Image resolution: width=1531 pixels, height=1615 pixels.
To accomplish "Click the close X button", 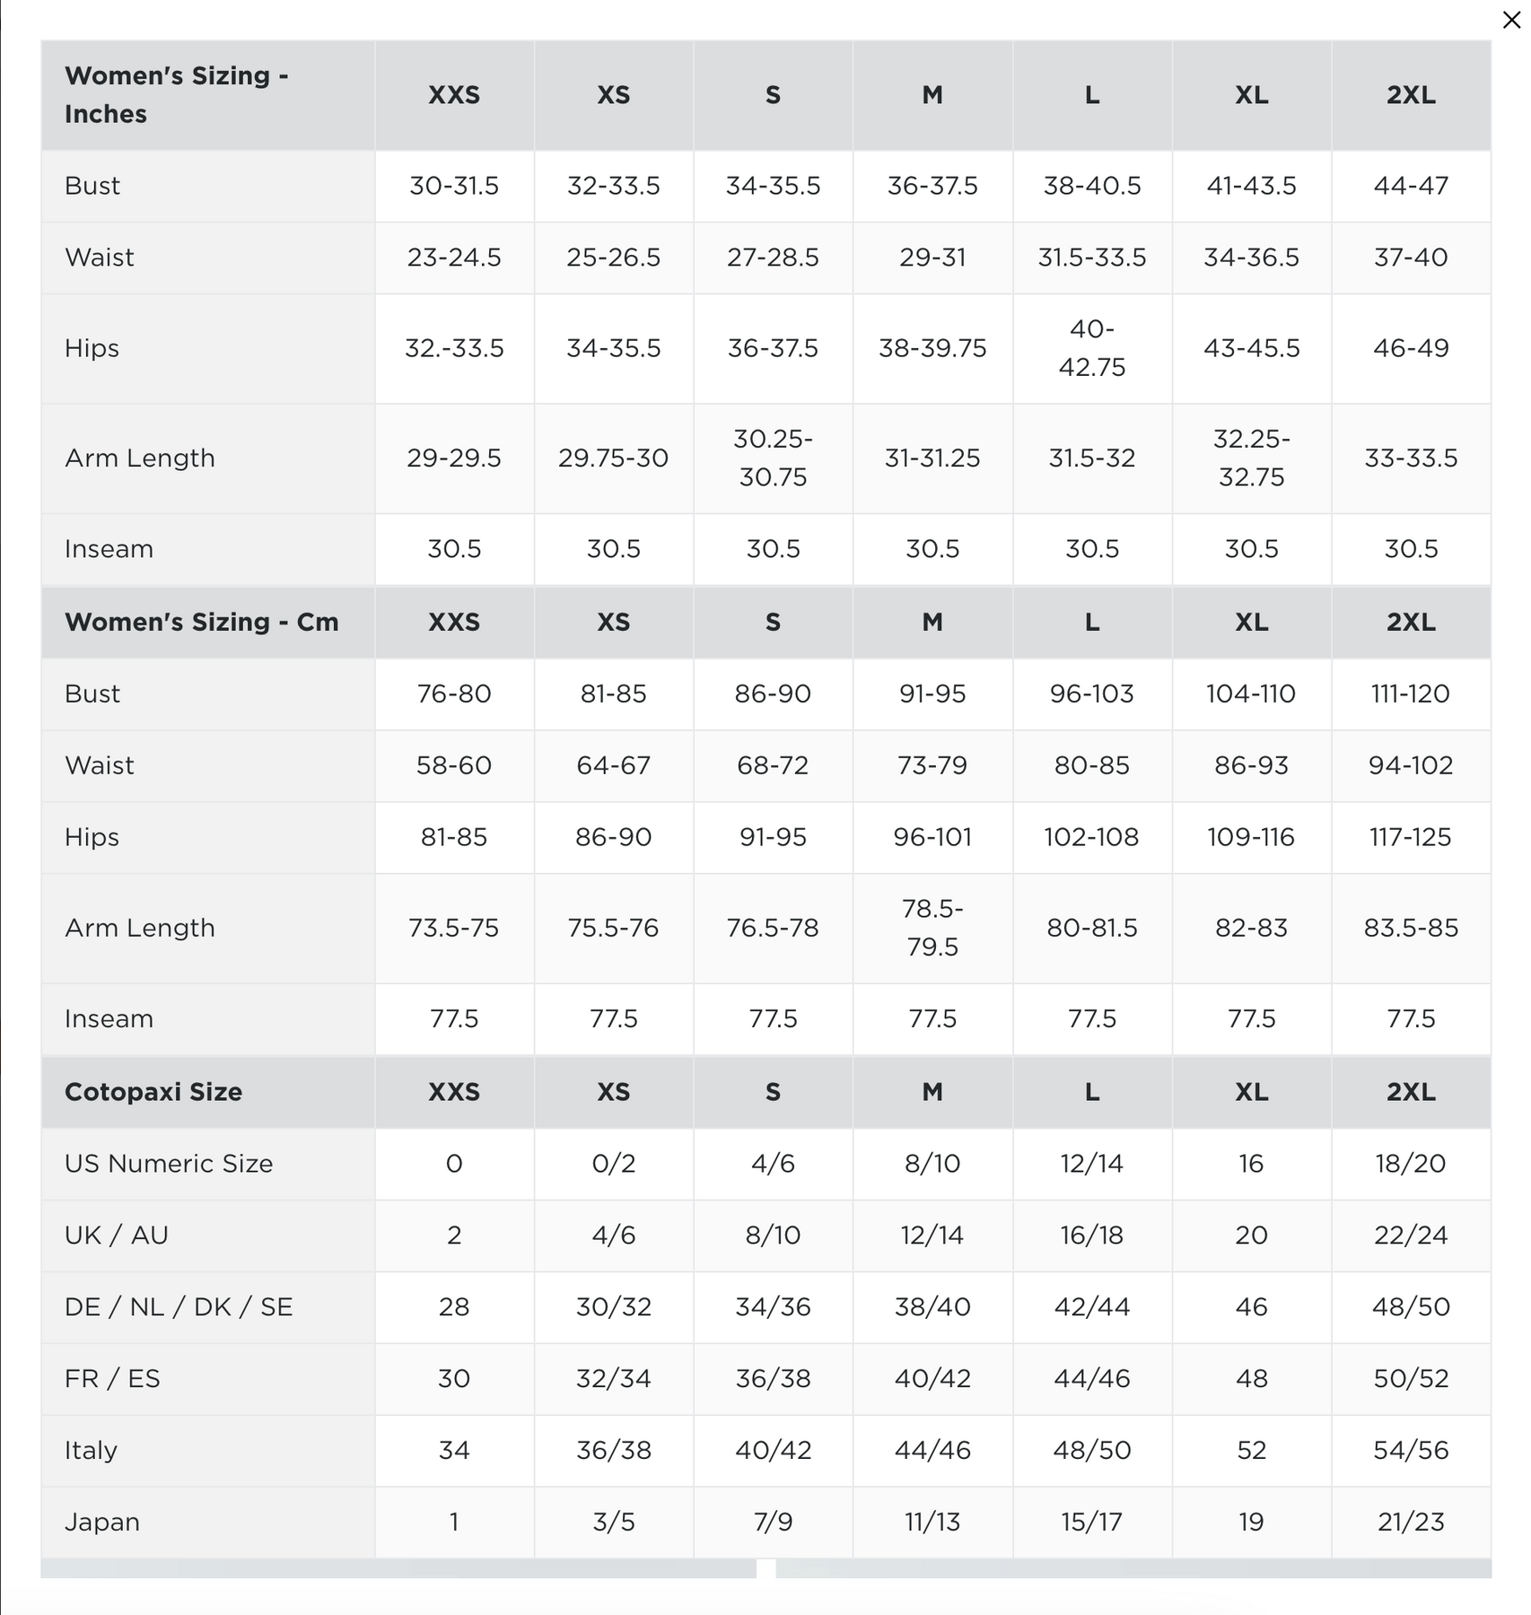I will click(x=1511, y=20).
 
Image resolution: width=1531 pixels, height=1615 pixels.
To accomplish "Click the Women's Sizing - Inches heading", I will click(x=176, y=94).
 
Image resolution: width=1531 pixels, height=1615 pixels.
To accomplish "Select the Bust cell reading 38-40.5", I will click(x=1091, y=186).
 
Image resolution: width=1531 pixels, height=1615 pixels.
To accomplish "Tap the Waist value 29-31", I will click(x=932, y=258).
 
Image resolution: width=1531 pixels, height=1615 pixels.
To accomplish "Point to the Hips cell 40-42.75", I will click(x=1091, y=348).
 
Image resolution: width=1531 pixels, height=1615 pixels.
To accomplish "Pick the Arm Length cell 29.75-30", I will click(x=613, y=458).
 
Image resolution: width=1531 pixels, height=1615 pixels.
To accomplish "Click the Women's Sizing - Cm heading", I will click(x=201, y=622).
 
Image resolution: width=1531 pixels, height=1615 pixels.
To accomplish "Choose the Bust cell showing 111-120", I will click(x=1410, y=694).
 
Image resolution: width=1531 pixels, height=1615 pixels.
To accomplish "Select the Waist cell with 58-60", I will click(x=454, y=765).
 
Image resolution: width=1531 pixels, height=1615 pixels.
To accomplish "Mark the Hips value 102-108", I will click(x=1091, y=837).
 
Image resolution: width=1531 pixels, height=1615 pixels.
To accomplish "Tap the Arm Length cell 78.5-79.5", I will click(x=932, y=928).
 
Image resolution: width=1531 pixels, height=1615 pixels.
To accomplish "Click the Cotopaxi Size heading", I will click(x=153, y=1092).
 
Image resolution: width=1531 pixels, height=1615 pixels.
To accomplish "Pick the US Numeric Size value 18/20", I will click(x=1410, y=1164).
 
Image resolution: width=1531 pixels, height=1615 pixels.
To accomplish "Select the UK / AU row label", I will click(x=117, y=1235).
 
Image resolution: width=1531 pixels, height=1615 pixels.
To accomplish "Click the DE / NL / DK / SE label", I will click(x=179, y=1307).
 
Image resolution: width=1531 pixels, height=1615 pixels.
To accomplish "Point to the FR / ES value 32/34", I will click(x=613, y=1379).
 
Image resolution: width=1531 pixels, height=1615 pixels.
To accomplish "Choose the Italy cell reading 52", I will click(x=1251, y=1451).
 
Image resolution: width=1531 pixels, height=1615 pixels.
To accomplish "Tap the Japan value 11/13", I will click(x=932, y=1523).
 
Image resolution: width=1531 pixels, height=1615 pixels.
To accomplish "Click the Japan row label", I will click(x=102, y=1523).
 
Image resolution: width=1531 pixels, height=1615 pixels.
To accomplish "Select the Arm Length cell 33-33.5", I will click(x=1410, y=458).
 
